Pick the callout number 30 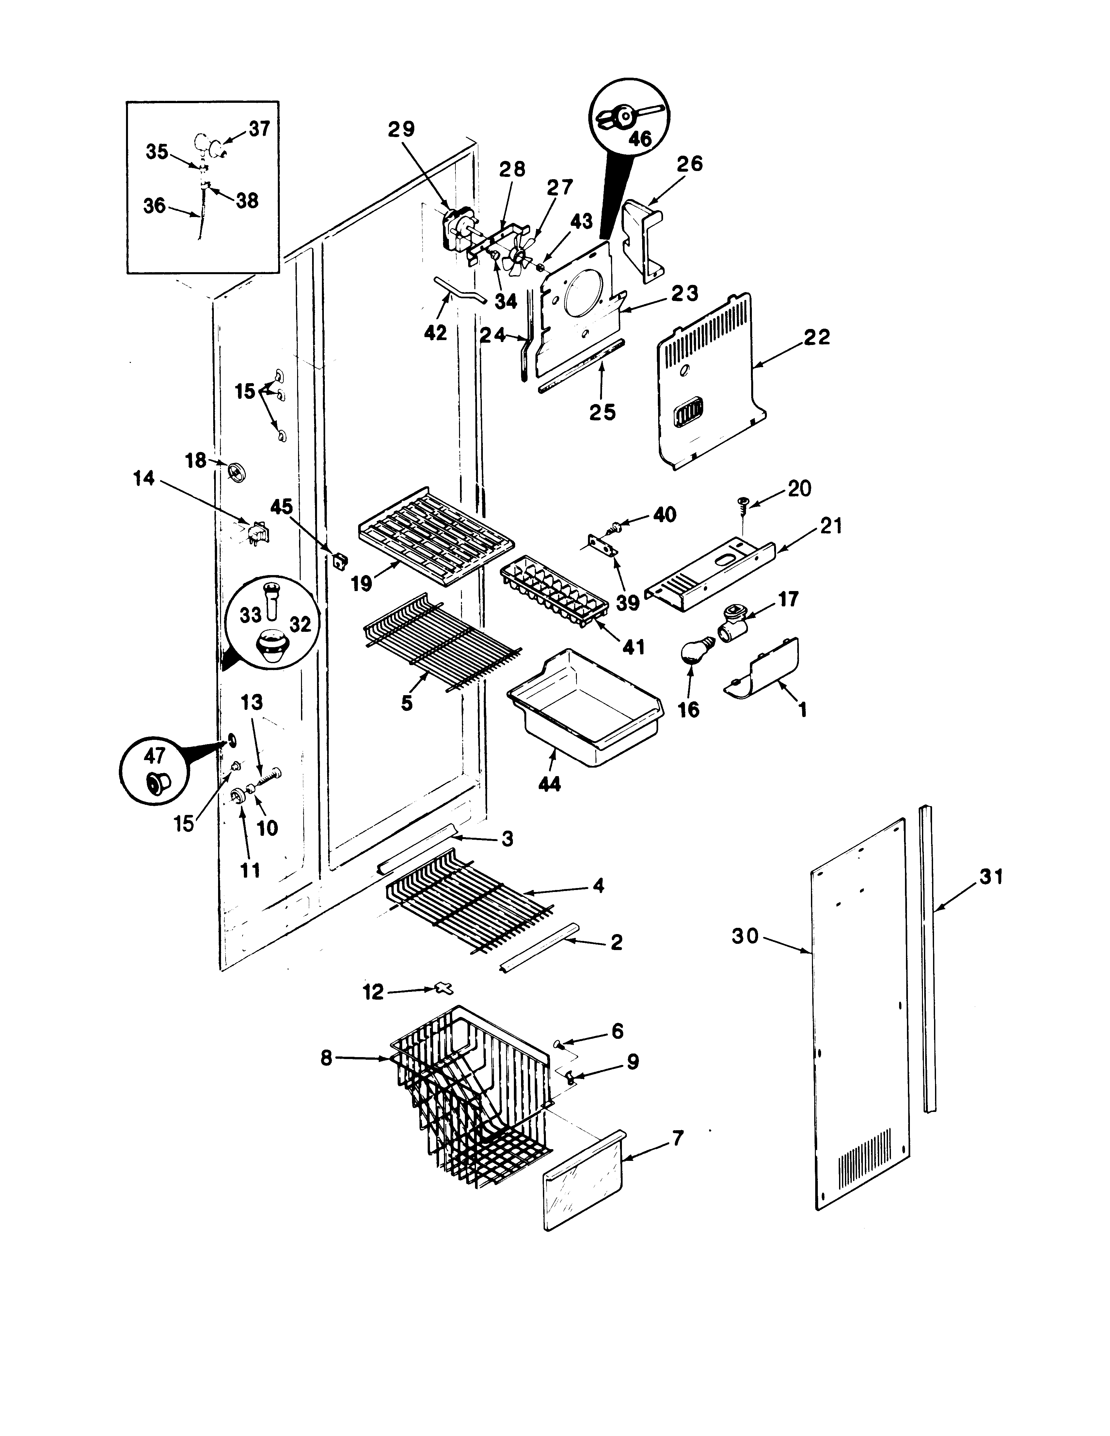[745, 936]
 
